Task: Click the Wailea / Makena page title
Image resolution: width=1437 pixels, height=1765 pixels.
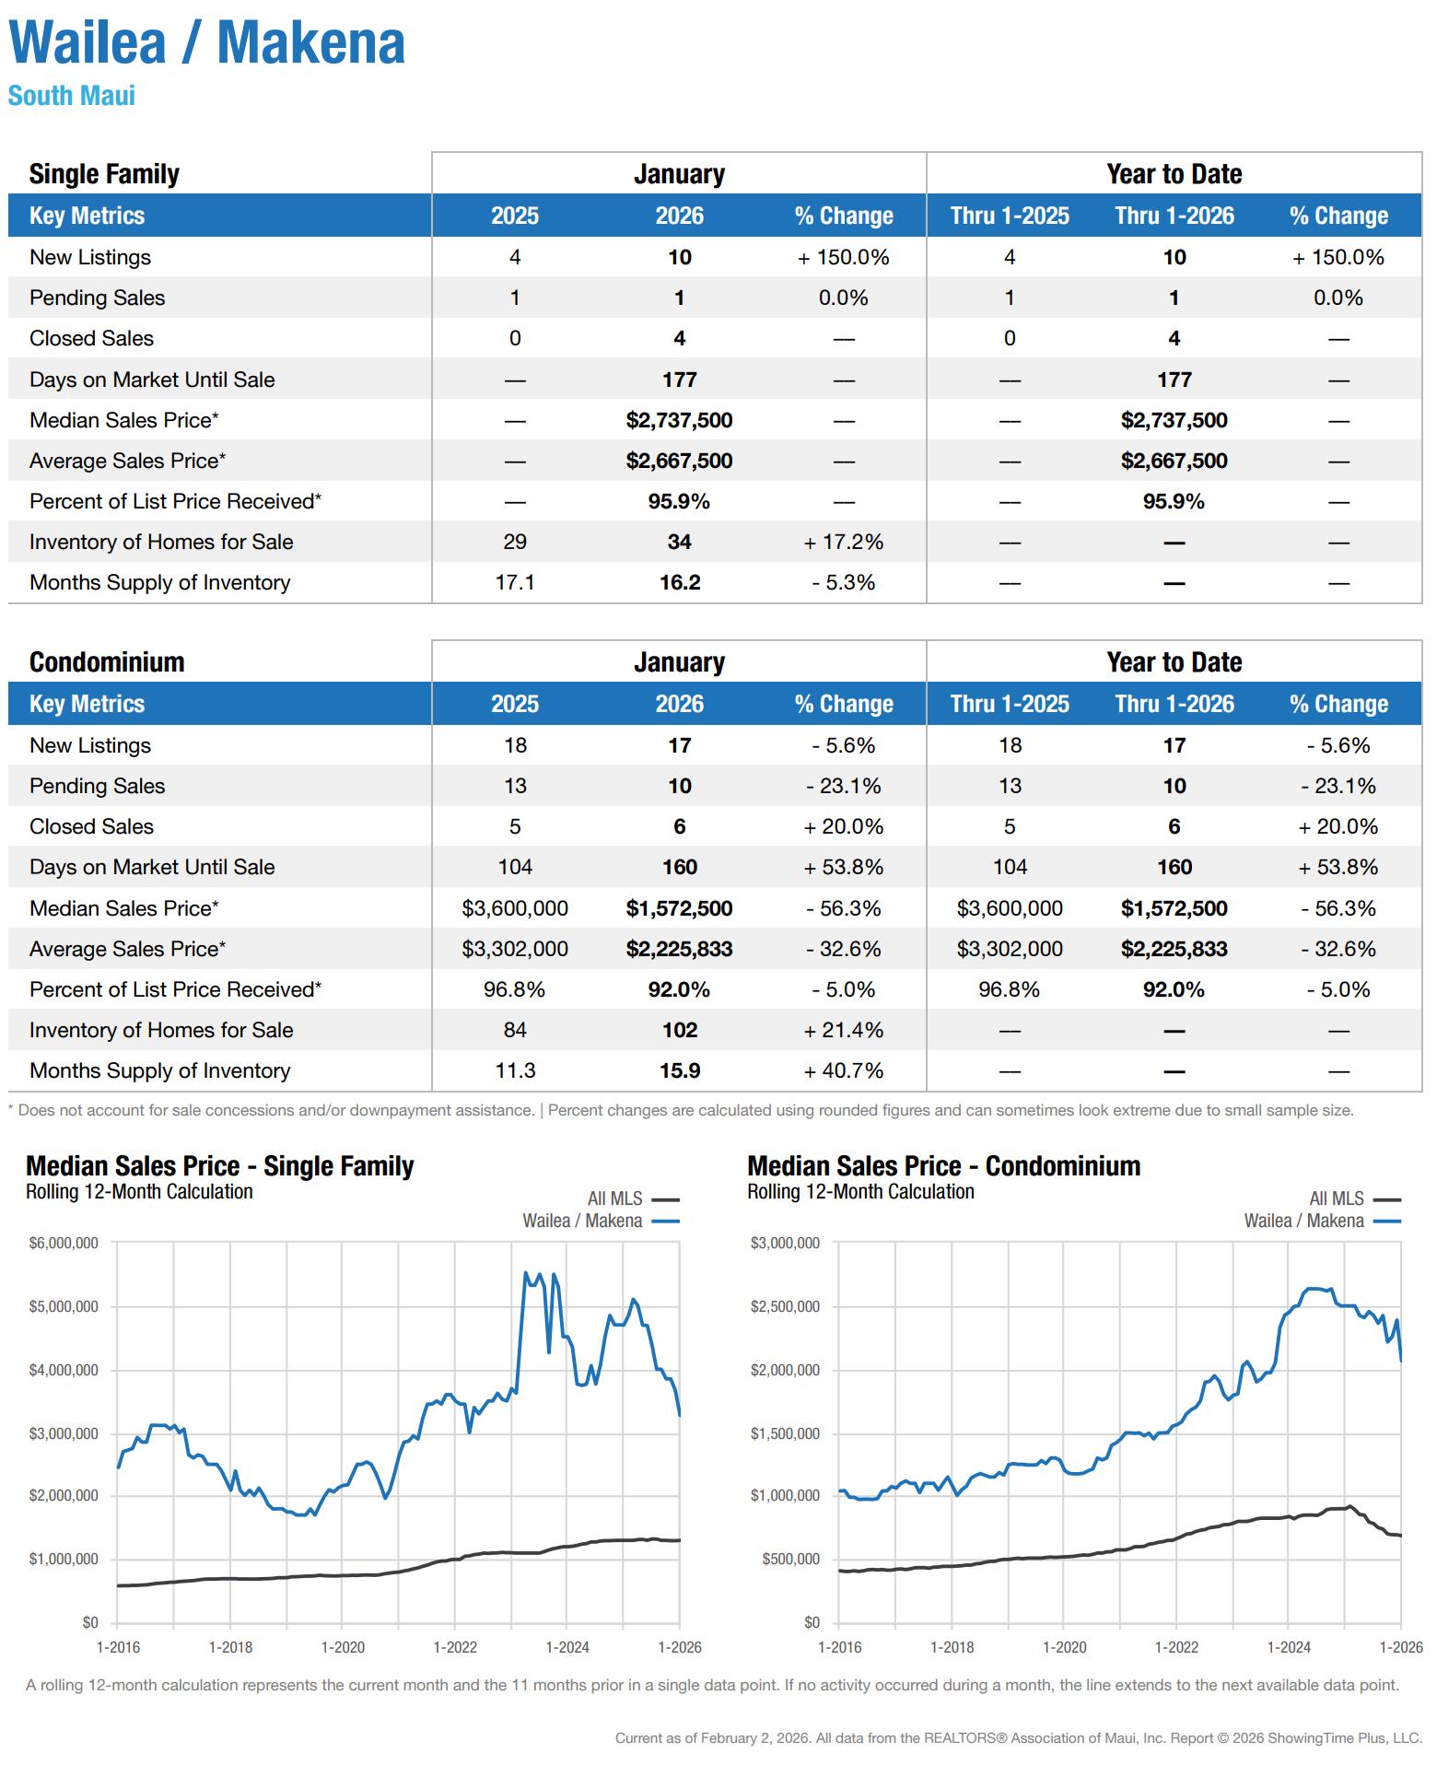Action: (206, 43)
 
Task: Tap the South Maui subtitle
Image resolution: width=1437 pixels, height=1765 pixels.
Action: (72, 96)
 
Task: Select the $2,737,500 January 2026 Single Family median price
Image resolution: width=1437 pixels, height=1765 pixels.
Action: (679, 421)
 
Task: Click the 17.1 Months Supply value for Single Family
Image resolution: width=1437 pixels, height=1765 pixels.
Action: (514, 583)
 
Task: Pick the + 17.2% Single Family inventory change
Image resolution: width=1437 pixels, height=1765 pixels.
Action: (843, 543)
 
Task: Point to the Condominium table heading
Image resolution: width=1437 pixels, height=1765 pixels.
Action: (107, 662)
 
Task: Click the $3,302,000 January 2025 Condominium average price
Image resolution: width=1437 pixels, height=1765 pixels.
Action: (514, 949)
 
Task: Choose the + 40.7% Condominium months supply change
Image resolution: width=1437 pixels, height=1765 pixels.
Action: (843, 1071)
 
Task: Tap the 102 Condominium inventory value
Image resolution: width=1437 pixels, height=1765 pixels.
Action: (679, 1031)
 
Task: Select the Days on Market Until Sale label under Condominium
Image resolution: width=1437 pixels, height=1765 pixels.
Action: (152, 868)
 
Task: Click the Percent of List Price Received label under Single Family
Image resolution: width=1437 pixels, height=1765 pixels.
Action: (175, 502)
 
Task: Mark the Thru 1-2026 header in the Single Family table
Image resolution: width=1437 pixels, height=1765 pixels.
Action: (1174, 216)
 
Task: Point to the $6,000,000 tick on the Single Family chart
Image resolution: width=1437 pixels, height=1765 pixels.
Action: (64, 1244)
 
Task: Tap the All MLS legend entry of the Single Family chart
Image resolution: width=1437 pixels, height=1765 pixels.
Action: (615, 1198)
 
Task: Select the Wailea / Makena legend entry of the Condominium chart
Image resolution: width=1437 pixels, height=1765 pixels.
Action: (1303, 1221)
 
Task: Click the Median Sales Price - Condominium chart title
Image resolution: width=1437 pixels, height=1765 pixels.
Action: (943, 1166)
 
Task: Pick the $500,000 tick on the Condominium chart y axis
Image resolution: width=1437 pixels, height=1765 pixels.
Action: (790, 1560)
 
